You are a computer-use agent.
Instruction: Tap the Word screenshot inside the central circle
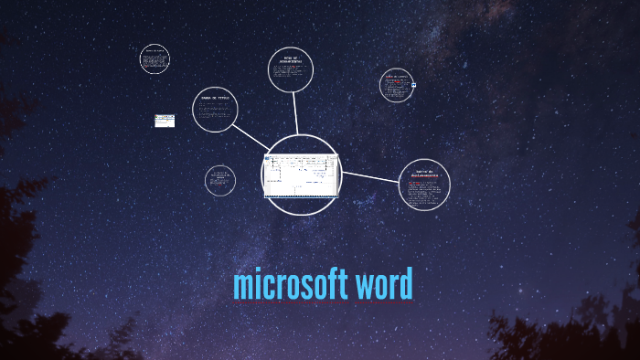[x=301, y=175]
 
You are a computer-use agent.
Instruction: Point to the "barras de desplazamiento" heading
[x=423, y=175]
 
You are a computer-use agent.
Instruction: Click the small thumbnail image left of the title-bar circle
[x=165, y=121]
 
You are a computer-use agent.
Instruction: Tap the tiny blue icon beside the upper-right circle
[x=414, y=87]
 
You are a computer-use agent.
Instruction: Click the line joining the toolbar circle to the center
[x=295, y=114]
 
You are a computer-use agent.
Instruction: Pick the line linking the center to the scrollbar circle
[x=370, y=177]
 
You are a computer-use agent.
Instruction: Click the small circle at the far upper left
[x=155, y=60]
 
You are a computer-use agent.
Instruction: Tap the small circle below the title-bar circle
[x=220, y=179]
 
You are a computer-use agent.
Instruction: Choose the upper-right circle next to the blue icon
[x=396, y=87]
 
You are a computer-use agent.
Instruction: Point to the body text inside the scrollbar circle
[x=424, y=194]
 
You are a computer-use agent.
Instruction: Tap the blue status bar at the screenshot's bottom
[x=301, y=196]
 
